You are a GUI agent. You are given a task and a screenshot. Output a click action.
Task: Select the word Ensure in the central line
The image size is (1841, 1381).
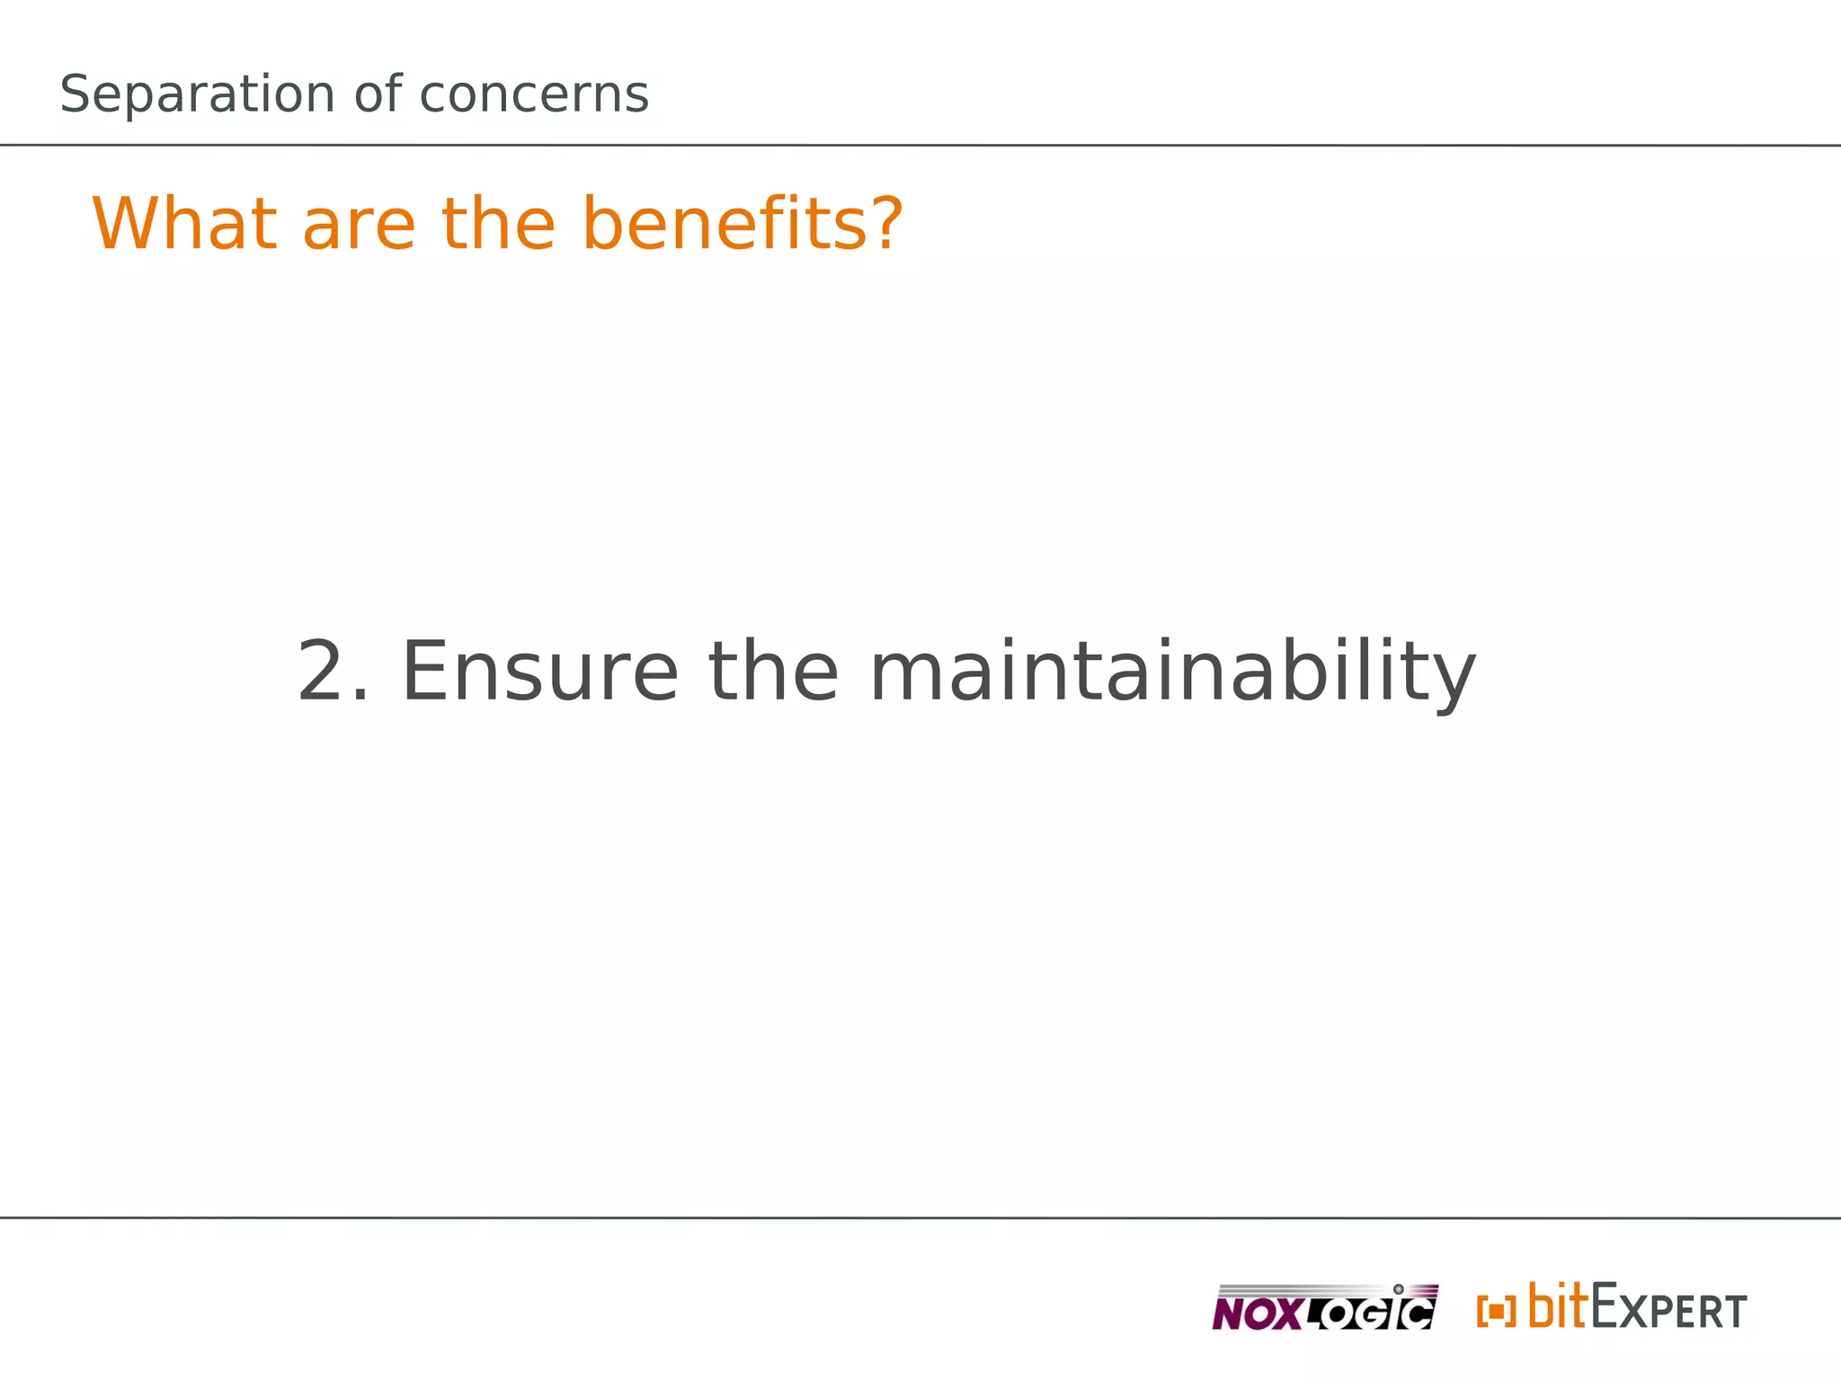point(539,672)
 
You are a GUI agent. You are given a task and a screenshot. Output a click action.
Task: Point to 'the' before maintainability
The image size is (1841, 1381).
point(773,672)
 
